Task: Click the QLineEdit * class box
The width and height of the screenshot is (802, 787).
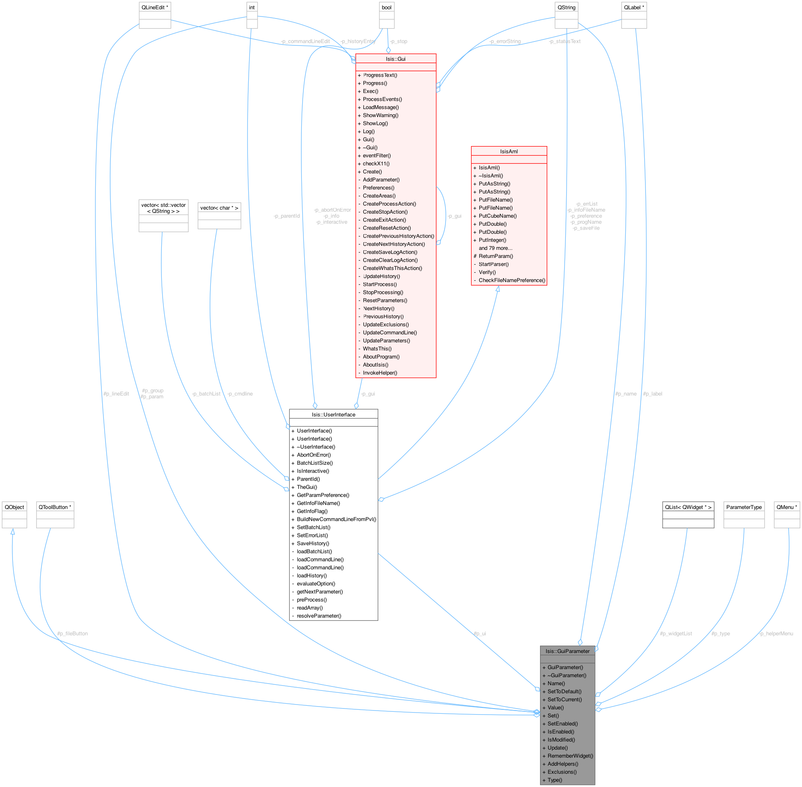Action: [155, 15]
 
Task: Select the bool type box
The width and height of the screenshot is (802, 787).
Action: [387, 15]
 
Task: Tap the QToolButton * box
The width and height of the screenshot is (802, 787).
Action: [55, 515]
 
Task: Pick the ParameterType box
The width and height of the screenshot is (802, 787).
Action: [744, 515]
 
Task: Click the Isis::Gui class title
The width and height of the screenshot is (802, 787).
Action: [396, 59]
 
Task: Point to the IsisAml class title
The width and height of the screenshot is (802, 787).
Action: [509, 152]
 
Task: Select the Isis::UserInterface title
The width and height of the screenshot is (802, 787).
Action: [333, 414]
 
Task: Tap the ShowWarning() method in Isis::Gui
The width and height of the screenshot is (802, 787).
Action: [380, 115]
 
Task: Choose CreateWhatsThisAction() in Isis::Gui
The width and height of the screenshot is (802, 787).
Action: [392, 268]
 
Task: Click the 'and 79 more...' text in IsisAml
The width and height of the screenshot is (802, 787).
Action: [495, 248]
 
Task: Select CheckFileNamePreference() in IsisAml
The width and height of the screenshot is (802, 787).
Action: [512, 280]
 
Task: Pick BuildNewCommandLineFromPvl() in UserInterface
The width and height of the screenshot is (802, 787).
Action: [336, 519]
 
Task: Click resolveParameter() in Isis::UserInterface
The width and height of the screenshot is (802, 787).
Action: [319, 616]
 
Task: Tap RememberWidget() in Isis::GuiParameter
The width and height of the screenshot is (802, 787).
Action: [570, 756]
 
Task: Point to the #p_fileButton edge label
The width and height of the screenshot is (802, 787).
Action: [72, 634]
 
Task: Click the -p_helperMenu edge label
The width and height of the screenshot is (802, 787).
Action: [776, 634]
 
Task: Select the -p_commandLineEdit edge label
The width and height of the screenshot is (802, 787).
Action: [305, 41]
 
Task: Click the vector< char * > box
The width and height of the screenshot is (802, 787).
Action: [219, 215]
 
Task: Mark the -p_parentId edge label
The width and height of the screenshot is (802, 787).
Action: [287, 216]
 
